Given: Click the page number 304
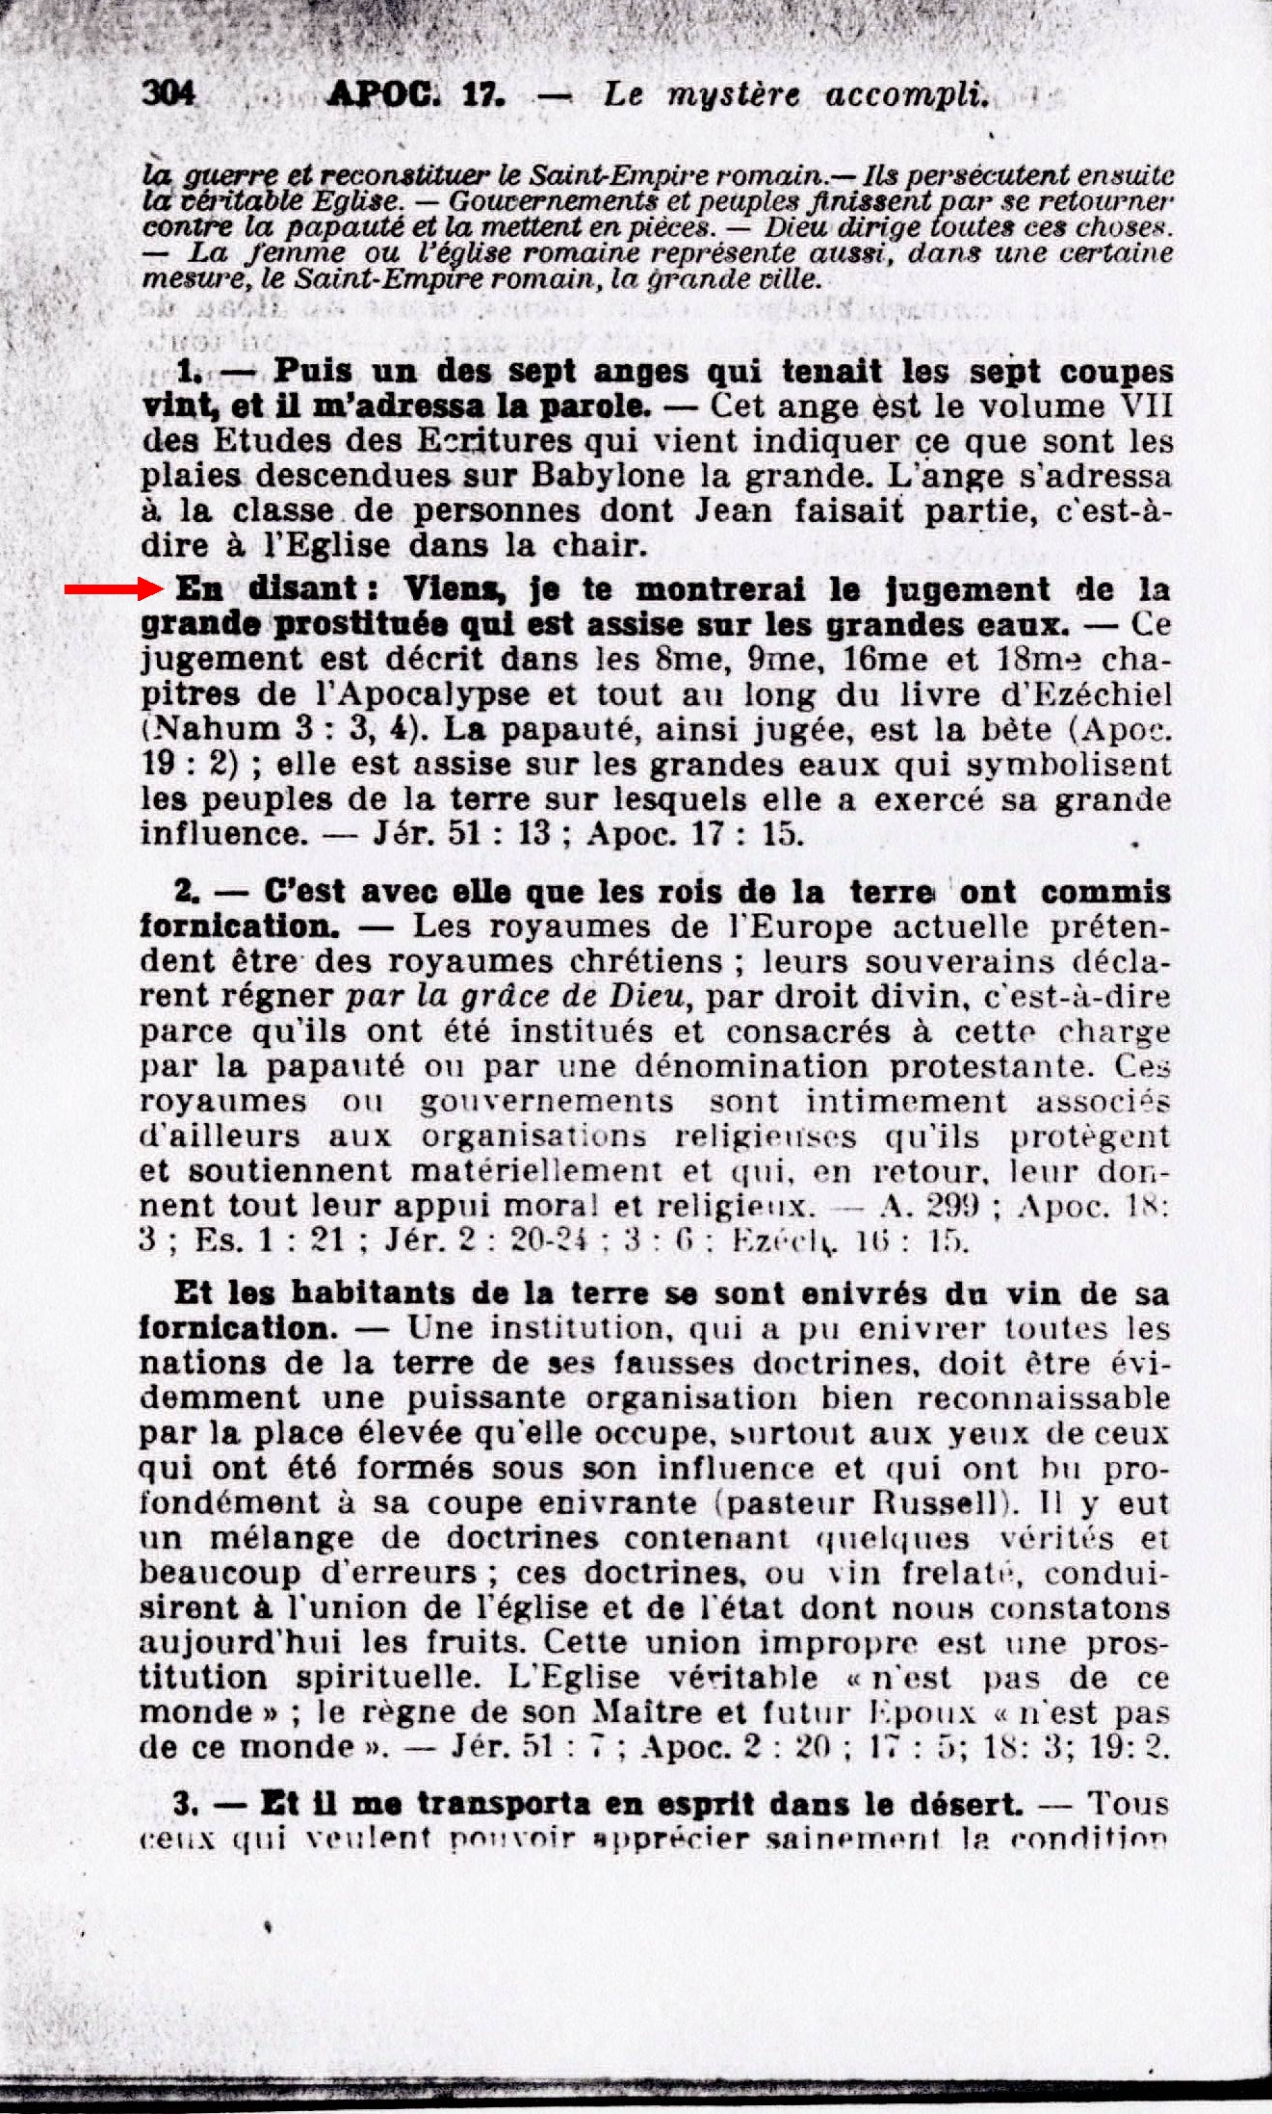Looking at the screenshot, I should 169,93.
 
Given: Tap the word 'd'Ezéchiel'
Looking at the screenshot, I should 1099,694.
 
